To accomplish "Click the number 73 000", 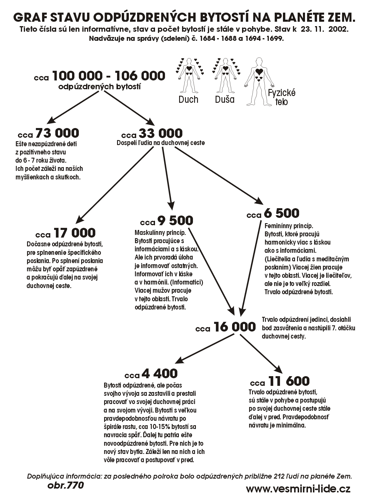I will click(57, 133).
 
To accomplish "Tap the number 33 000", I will click(160, 134).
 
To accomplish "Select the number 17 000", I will click(75, 233).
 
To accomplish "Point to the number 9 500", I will click(175, 220).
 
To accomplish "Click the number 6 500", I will click(281, 213).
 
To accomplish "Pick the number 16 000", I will click(235, 327).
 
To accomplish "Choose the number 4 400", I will click(159, 374).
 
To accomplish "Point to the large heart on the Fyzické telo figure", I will click(259, 71).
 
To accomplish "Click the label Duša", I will click(225, 100).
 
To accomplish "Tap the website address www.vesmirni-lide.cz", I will click(298, 489).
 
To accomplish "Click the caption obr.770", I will click(65, 485).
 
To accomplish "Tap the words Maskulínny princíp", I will click(160, 233).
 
